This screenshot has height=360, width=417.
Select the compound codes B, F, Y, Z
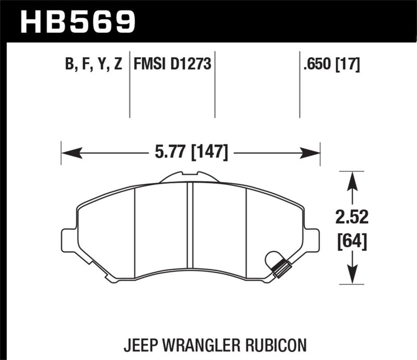[x=94, y=65]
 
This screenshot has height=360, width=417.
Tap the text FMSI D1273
[x=172, y=65]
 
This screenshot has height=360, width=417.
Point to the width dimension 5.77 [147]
[x=190, y=153]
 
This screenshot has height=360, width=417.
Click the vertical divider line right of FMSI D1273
[x=215, y=83]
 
